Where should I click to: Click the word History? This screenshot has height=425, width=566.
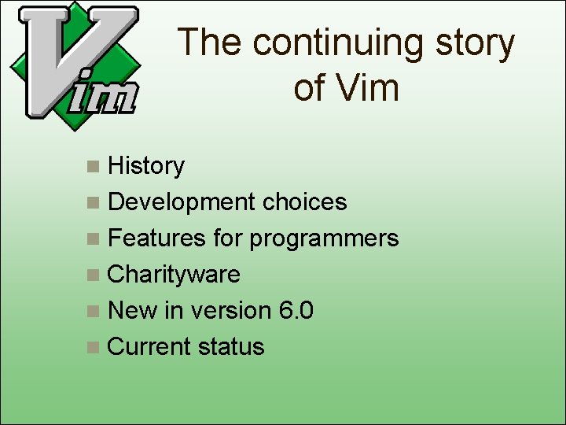[146, 166]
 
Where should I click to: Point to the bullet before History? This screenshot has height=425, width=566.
[94, 167]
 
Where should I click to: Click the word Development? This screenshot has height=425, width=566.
[182, 202]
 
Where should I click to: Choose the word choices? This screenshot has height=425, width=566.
[305, 202]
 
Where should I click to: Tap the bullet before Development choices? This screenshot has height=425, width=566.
[94, 203]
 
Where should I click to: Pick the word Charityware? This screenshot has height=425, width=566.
[174, 275]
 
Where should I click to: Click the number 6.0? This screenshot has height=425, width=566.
[296, 311]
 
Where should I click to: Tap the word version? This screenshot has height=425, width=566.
[230, 311]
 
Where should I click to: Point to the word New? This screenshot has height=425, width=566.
[133, 311]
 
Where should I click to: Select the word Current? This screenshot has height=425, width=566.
[149, 347]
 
